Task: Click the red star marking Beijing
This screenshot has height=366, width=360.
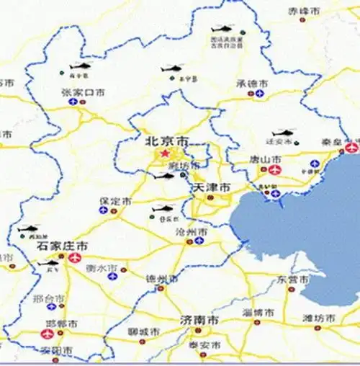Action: (166, 153)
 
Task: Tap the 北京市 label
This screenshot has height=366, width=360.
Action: (166, 140)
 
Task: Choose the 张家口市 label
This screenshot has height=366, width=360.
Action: (83, 92)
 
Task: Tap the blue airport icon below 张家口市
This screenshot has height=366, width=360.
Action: (73, 102)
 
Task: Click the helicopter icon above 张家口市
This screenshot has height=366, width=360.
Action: (78, 68)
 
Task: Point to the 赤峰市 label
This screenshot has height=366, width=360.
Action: (302, 12)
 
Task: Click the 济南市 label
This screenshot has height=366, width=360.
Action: (199, 319)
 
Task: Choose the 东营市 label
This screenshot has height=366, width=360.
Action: (293, 278)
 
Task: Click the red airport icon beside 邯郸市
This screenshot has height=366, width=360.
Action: (48, 334)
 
